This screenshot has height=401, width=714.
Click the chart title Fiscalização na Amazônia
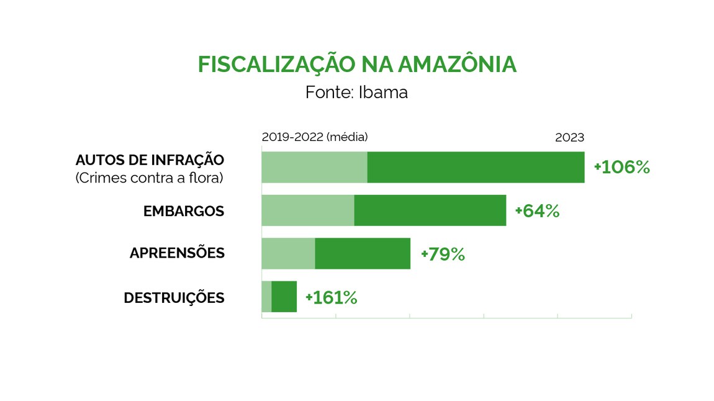pyautogui.click(x=357, y=65)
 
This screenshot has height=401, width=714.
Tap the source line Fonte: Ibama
pyautogui.click(x=356, y=92)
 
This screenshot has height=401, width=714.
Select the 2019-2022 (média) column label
pyautogui.click(x=315, y=137)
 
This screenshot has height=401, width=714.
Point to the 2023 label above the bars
pyautogui.click(x=569, y=137)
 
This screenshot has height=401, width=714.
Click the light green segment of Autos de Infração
pyautogui.click(x=314, y=167)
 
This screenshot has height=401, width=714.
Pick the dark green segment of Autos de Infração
pyautogui.click(x=476, y=167)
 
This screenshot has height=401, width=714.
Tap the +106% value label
pyautogui.click(x=621, y=167)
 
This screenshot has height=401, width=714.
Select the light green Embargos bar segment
pyautogui.click(x=307, y=210)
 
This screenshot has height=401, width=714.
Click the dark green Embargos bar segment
pyautogui.click(x=430, y=210)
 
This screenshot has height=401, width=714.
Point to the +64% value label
pyautogui.click(x=537, y=211)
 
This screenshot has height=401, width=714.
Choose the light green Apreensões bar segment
pyautogui.click(x=288, y=253)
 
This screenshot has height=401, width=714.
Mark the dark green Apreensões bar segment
pyautogui.click(x=363, y=253)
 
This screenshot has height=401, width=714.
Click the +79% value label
pyautogui.click(x=443, y=255)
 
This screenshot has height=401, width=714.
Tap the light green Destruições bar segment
pyautogui.click(x=266, y=297)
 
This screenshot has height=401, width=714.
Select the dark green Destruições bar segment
pyautogui.click(x=284, y=297)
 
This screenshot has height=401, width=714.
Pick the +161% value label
pyautogui.click(x=331, y=298)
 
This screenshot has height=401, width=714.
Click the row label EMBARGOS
pyautogui.click(x=183, y=211)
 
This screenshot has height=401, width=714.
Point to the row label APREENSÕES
pyautogui.click(x=177, y=253)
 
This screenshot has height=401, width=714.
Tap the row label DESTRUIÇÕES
pyautogui.click(x=174, y=298)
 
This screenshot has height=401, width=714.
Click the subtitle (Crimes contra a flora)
pyautogui.click(x=149, y=178)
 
